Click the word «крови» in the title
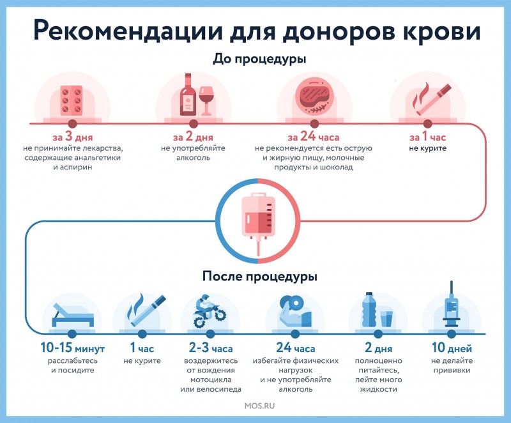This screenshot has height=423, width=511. [441, 31]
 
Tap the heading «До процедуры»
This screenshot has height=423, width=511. [259, 59]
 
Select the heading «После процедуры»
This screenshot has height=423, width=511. [259, 276]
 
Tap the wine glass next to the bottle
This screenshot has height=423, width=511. [206, 100]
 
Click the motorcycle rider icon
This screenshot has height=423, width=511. [210, 311]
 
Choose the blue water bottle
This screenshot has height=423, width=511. [369, 309]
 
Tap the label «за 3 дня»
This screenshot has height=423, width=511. [72, 137]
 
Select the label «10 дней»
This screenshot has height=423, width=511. [452, 348]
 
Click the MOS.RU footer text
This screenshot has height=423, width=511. [259, 406]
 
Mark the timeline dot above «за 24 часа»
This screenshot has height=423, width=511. [314, 124]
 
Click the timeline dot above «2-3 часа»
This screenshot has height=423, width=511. [210, 334]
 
